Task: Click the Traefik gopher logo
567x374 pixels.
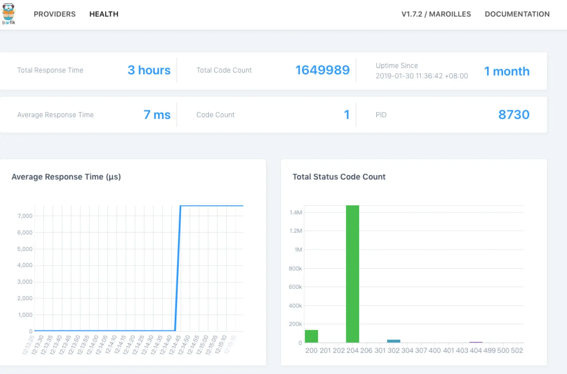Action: pos(9,14)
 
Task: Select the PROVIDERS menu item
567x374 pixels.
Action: pos(55,14)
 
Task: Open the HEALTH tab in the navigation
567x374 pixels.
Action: pos(104,14)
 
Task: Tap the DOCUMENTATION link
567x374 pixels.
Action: pos(517,14)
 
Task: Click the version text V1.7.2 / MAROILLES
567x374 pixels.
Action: pos(436,14)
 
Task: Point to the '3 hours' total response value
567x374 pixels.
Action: pos(149,70)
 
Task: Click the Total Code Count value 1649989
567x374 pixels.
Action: pos(322,70)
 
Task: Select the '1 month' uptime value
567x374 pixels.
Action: pos(507,71)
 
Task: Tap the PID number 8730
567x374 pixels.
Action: pos(514,115)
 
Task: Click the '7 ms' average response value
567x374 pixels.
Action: pos(157,115)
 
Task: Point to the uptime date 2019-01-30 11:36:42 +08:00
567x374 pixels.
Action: pos(422,76)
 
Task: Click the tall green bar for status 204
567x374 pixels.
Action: pos(352,274)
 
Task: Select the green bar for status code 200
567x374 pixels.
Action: pos(311,336)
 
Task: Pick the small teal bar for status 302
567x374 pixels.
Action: pos(393,341)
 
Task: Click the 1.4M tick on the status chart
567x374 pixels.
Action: pos(295,212)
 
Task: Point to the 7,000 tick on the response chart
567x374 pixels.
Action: pos(25,216)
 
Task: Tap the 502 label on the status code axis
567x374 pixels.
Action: pos(517,351)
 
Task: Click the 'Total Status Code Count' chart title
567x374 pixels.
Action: pos(339,177)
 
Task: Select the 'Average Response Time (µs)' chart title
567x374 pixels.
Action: pos(66,177)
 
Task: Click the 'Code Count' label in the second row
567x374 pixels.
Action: pos(215,115)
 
